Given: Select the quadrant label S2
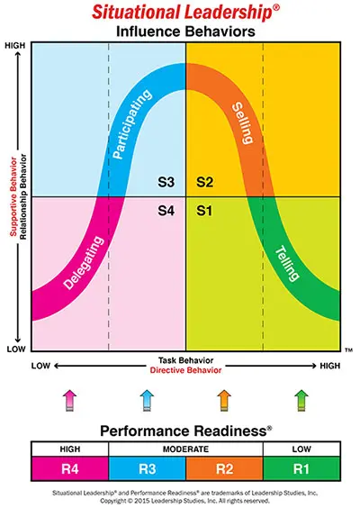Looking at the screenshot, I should [204, 183].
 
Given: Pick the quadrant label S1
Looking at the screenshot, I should [204, 212].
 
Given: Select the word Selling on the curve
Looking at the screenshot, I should [243, 126].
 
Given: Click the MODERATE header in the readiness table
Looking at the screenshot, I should [185, 448].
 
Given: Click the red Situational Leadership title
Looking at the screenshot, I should [182, 12].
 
